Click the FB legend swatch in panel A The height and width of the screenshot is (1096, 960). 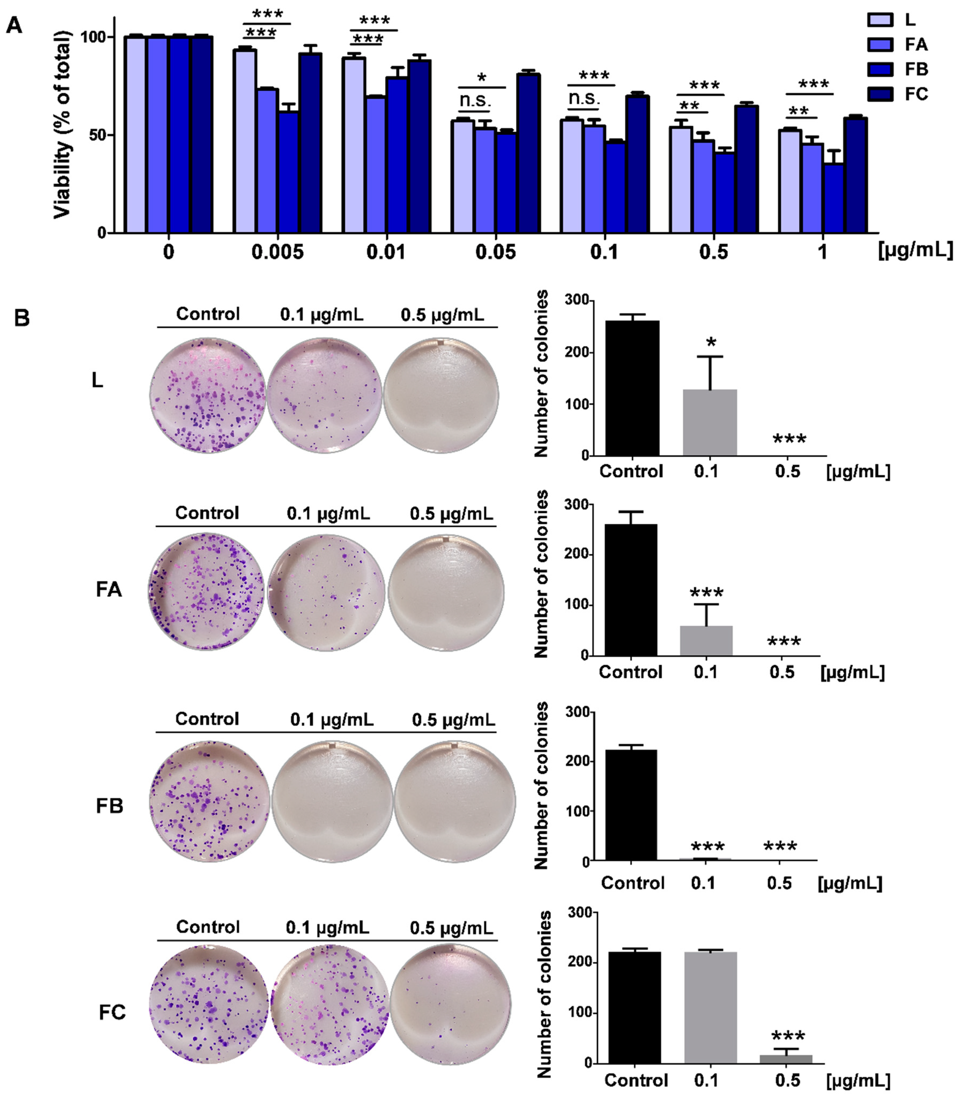[880, 69]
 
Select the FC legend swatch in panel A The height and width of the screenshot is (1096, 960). [880, 94]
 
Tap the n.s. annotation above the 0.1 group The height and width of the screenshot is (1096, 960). [584, 98]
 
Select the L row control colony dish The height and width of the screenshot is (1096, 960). [207, 395]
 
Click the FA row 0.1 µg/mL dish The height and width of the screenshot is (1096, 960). [326, 591]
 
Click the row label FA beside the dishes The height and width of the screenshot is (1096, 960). [109, 589]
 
